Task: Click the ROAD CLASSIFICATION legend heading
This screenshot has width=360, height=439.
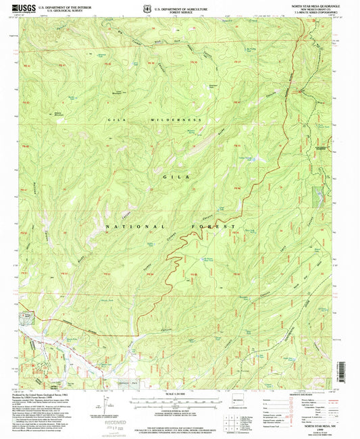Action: tap(305, 394)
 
